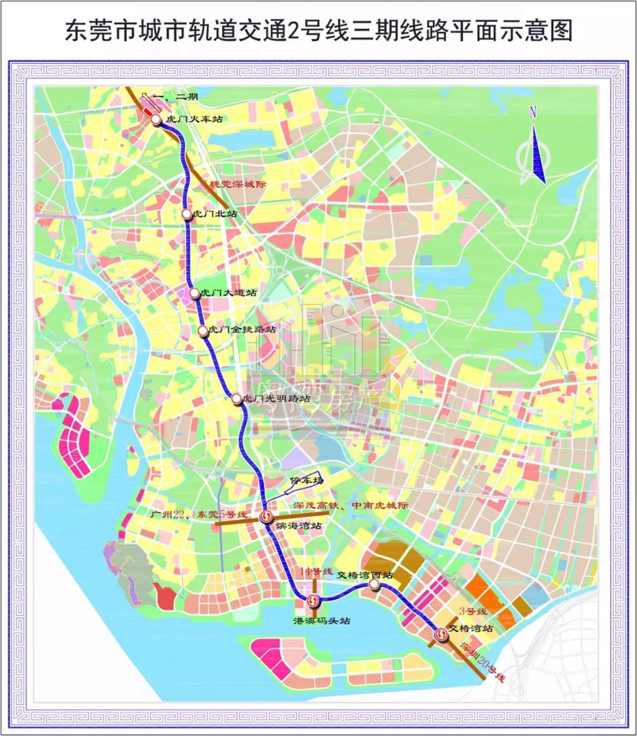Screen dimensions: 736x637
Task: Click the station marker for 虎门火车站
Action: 156,120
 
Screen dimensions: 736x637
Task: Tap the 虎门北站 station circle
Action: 187,214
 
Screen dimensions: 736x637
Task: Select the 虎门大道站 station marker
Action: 195,292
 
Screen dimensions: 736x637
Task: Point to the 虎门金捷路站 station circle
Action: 204,331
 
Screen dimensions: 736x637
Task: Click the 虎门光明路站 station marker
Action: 237,399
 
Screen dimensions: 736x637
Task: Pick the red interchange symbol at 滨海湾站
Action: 267,517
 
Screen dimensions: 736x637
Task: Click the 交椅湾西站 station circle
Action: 375,584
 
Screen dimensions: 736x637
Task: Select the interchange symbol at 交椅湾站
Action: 441,635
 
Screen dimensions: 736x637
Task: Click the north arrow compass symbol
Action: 533,147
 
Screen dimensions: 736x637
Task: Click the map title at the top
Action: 318,30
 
